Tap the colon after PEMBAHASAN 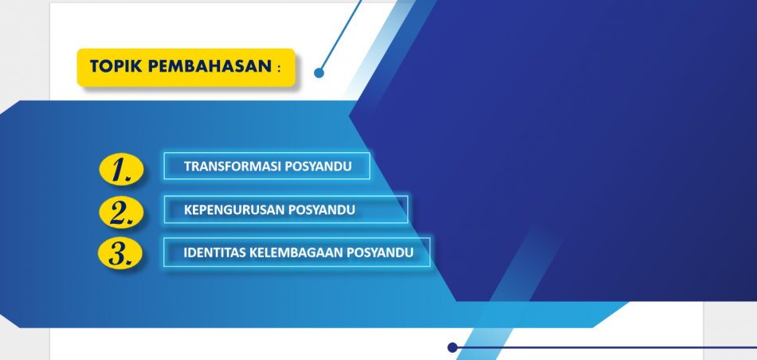(279, 68)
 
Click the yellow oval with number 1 (121, 170)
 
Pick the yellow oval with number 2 (121, 213)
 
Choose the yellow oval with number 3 (120, 254)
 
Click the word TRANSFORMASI (233, 166)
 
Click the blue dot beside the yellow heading (319, 72)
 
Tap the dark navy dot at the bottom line (453, 347)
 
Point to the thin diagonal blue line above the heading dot (341, 35)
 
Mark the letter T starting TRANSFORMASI (188, 166)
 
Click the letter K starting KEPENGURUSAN (188, 210)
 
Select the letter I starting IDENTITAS (186, 252)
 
